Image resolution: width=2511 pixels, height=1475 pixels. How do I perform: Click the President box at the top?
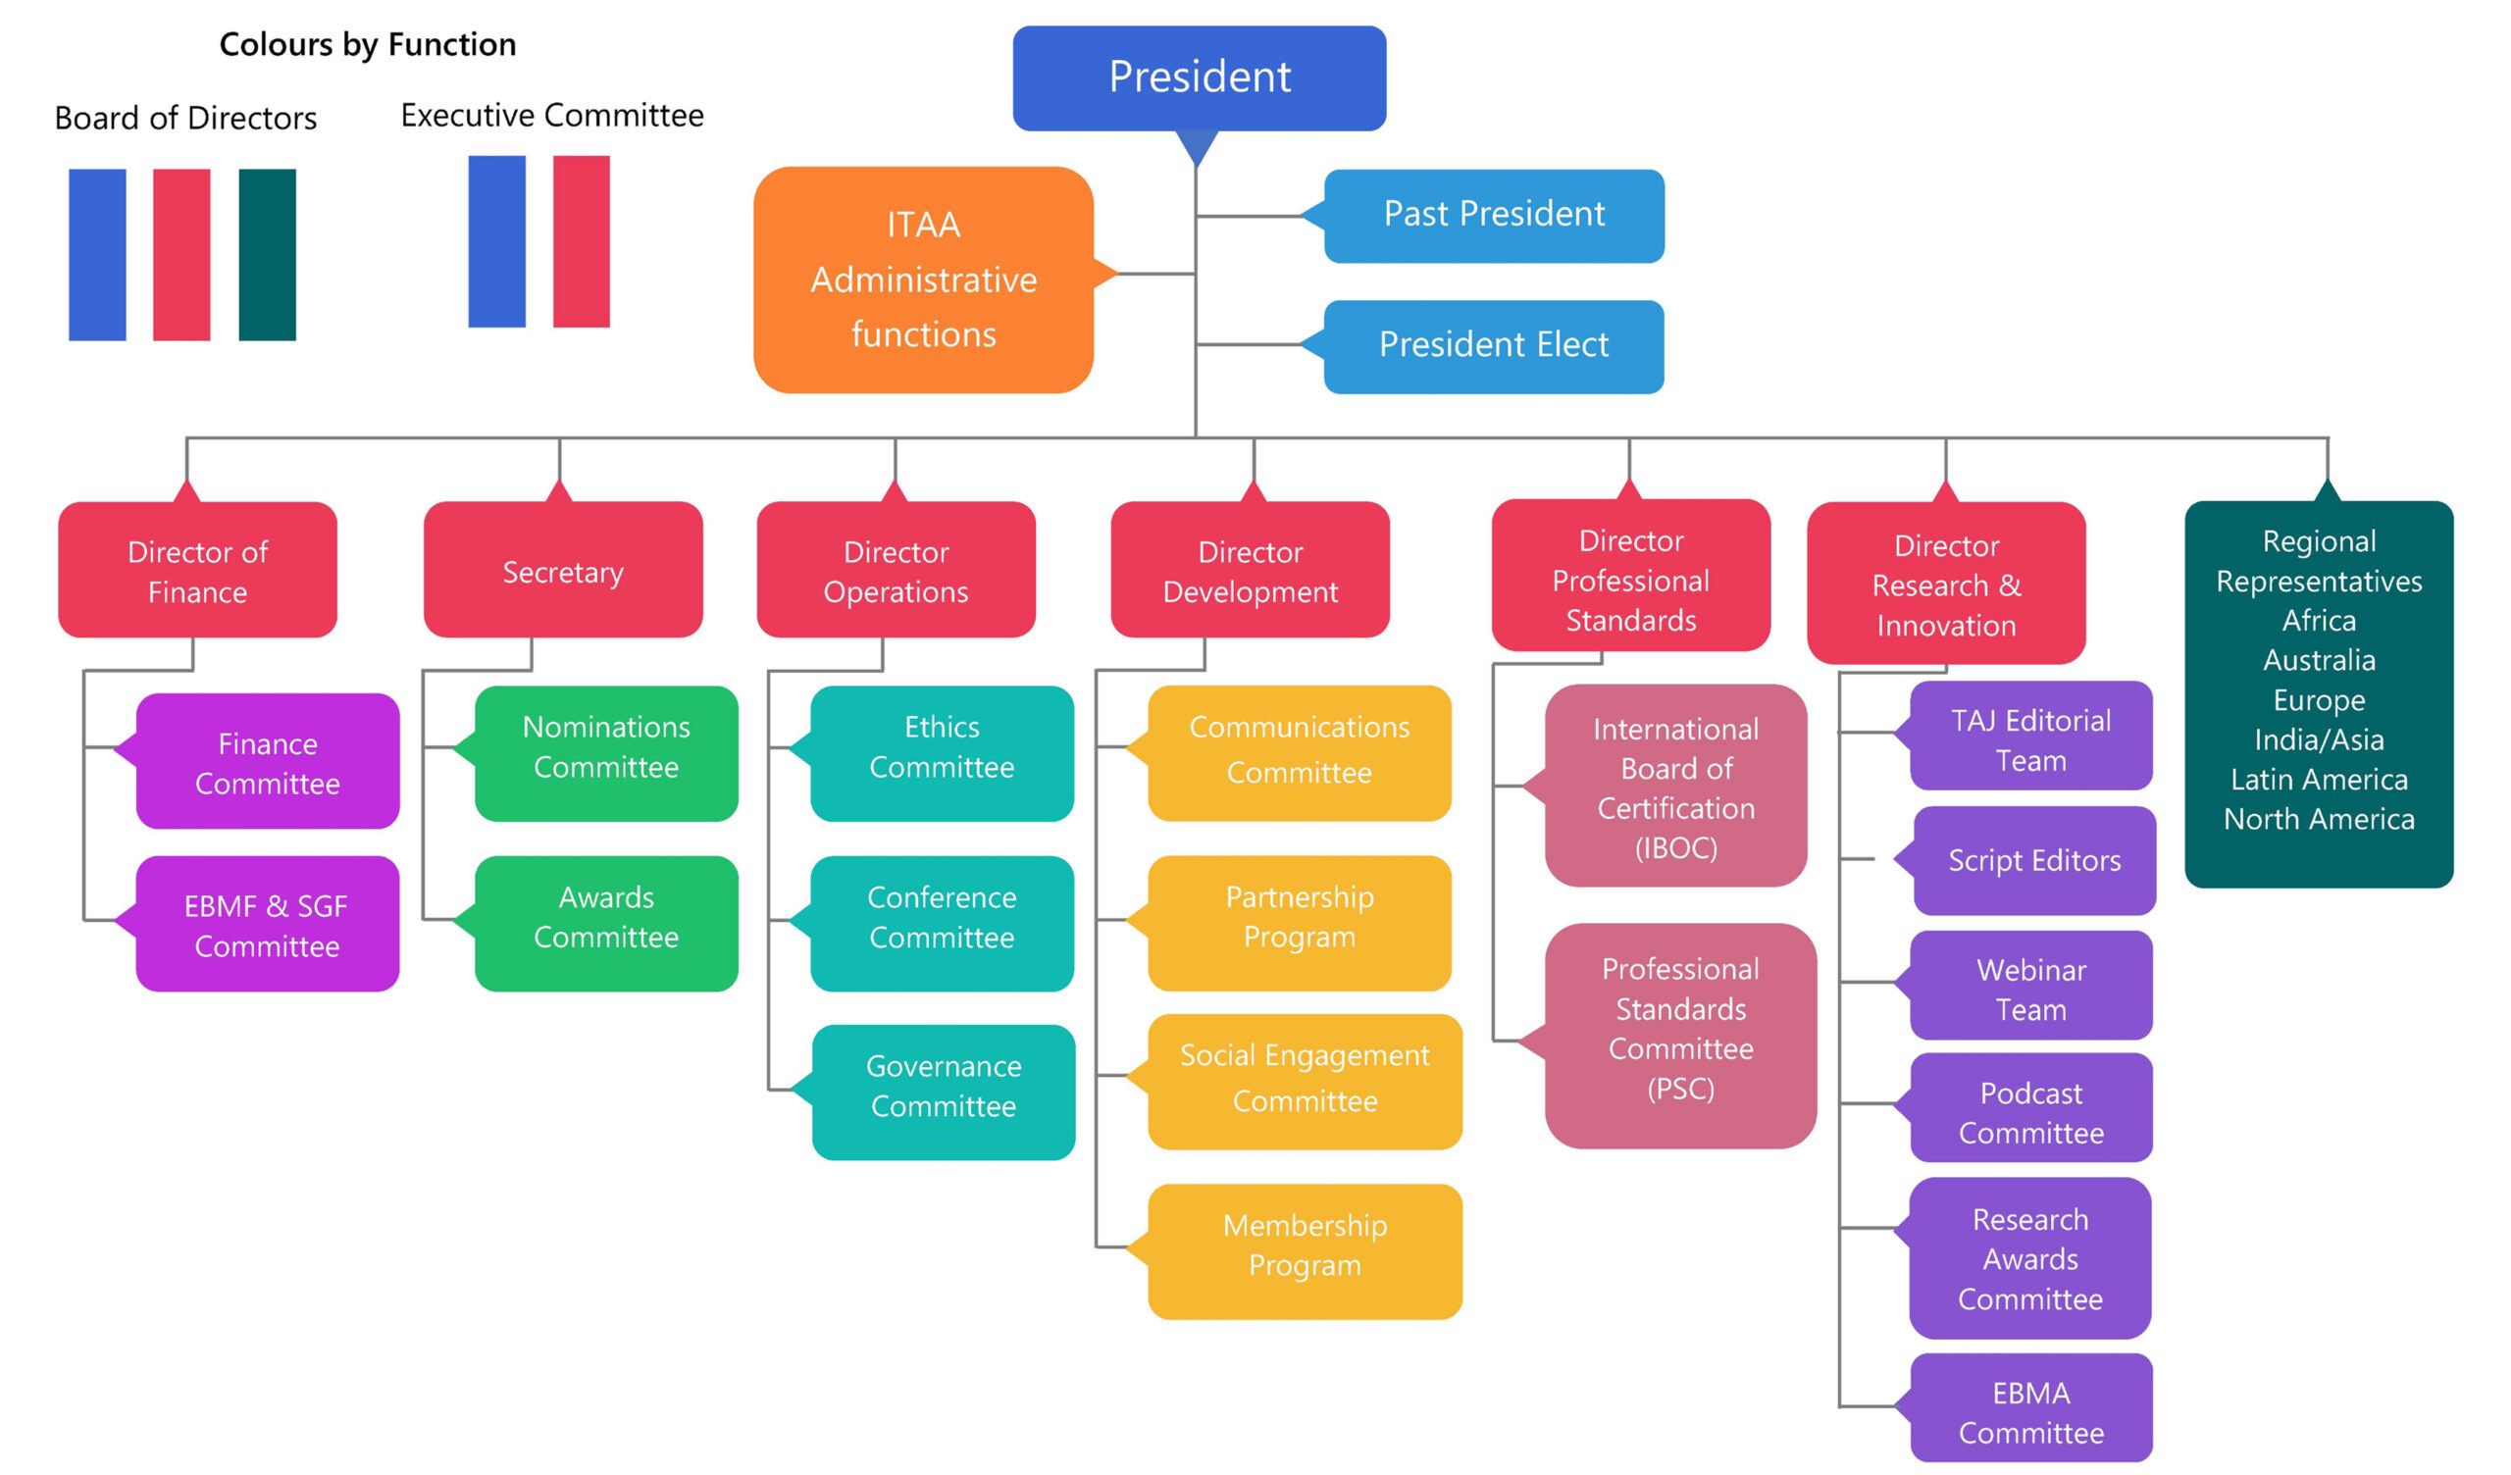1199,77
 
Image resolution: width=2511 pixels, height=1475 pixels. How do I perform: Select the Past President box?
1493,216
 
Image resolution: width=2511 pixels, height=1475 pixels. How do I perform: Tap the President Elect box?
1493,346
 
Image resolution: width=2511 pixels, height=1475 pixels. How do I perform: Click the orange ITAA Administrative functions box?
923,280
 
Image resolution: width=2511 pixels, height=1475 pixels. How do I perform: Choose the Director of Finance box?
197,571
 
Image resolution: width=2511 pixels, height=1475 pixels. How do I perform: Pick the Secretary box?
563,571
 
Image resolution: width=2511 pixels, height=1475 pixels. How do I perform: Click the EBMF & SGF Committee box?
267,925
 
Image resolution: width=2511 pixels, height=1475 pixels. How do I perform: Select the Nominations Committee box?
606,753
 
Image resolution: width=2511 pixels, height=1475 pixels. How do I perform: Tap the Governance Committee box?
943,1093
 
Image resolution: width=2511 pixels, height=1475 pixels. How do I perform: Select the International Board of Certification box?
1675,787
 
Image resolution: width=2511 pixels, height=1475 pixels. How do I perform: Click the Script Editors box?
2033,861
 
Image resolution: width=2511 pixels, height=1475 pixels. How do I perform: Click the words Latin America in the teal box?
2319,780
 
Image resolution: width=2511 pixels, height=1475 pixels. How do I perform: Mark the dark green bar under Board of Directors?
267,255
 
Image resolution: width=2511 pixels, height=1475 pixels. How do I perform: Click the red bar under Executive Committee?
581,241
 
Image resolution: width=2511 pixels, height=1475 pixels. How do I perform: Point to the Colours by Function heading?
368,45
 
